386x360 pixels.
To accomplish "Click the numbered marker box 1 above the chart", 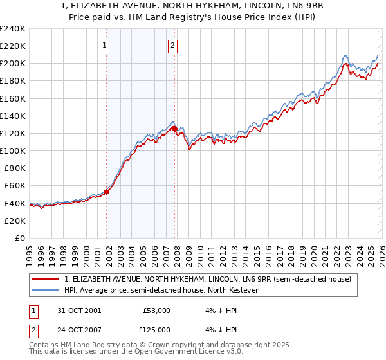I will (105, 45).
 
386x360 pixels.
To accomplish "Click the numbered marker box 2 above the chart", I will (173, 45).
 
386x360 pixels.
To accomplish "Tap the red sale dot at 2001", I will (107, 191).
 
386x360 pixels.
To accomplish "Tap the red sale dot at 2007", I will (174, 129).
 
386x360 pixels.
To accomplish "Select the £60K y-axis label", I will (14, 185).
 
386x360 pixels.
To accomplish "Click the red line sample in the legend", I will (46, 279).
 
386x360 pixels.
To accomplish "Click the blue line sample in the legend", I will (46, 291).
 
